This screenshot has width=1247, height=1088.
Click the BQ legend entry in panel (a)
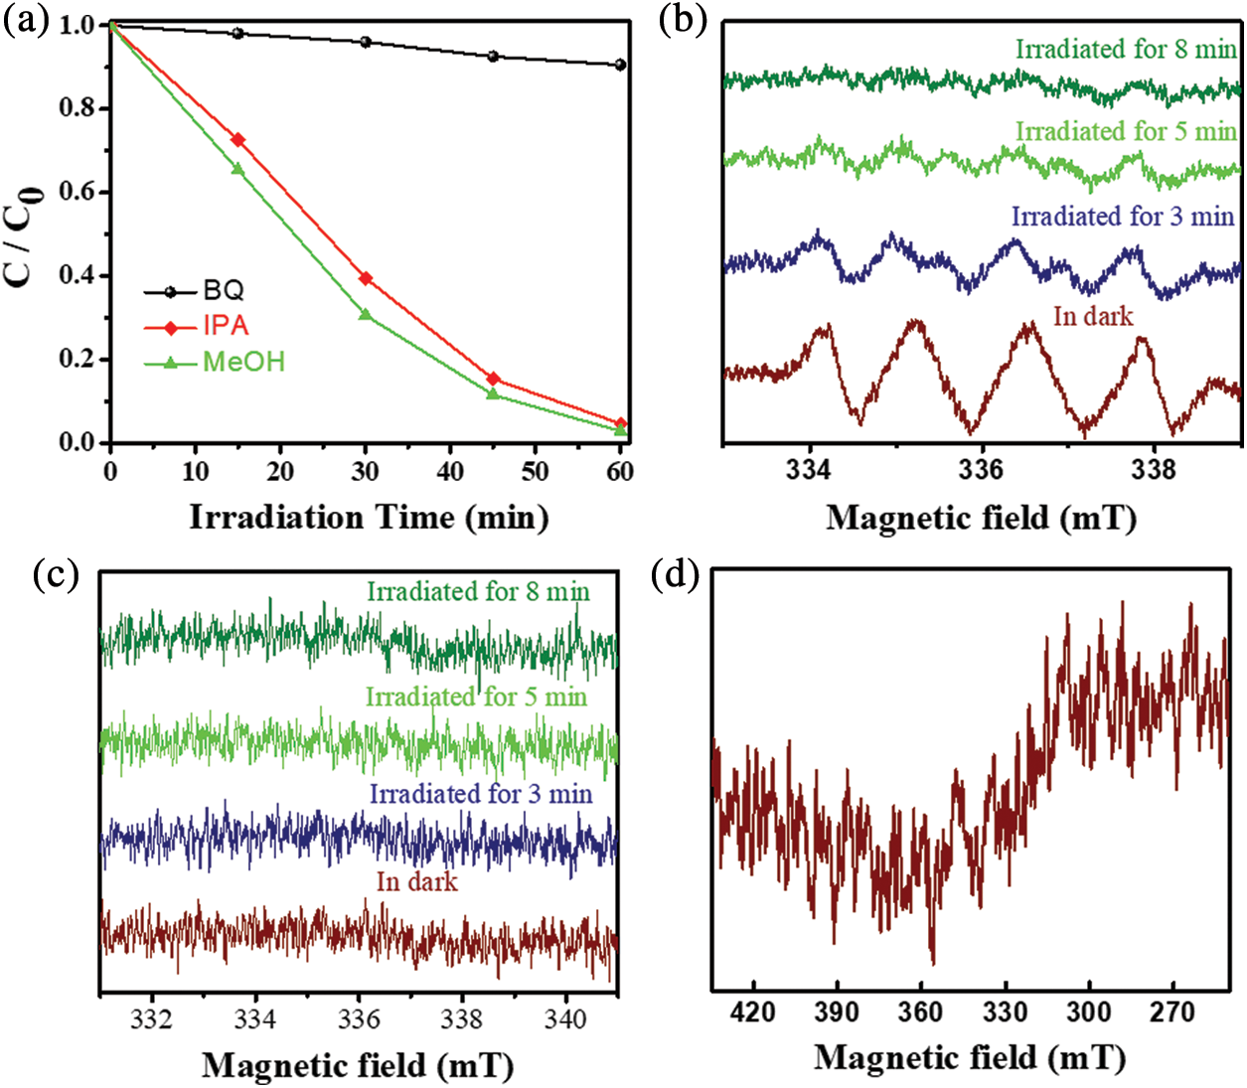click(223, 291)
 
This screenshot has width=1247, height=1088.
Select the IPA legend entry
click(226, 327)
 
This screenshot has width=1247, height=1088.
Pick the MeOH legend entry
click(243, 362)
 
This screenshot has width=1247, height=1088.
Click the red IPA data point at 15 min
click(237, 140)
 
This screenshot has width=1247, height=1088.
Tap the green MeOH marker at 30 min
click(365, 315)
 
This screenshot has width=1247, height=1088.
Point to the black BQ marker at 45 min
click(493, 57)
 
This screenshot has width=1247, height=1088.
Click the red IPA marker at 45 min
click(493, 380)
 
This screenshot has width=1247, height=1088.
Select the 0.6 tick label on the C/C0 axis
click(78, 192)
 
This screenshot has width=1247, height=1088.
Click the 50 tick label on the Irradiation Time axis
click(535, 471)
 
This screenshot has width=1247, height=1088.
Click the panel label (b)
click(684, 22)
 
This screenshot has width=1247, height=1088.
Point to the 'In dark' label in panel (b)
click(1093, 317)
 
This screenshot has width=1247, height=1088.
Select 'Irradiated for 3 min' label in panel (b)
click(1123, 217)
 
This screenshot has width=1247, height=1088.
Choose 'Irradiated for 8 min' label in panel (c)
click(478, 592)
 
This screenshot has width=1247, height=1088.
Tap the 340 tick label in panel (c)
click(566, 1019)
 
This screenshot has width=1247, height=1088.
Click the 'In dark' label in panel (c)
click(417, 882)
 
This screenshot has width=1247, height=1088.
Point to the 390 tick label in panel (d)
click(836, 1012)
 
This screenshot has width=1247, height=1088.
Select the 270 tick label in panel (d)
click(1172, 1012)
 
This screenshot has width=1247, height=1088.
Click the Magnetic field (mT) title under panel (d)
click(970, 1057)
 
